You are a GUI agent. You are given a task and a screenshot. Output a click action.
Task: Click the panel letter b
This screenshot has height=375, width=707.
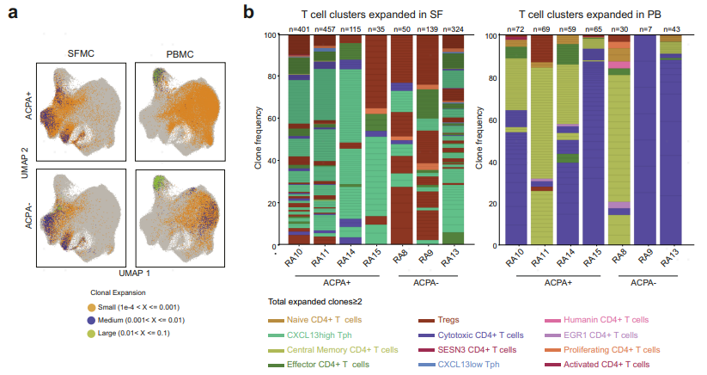pos(248,12)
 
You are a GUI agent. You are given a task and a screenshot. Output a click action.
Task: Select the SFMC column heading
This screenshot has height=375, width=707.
pos(82,53)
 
